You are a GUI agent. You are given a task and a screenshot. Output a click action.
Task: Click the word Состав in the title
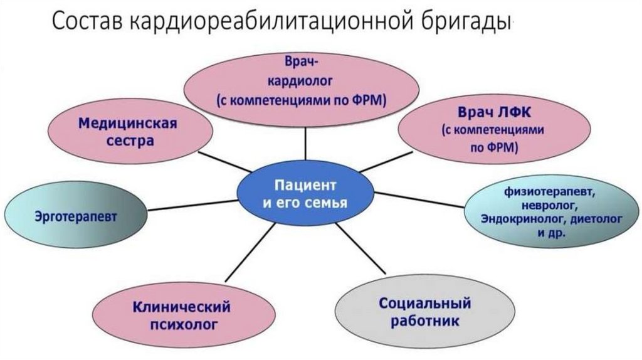coord(87,23)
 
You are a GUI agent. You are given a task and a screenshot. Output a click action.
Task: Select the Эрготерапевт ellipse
coord(76,216)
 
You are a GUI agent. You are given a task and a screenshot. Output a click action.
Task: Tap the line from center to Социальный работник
coord(360,248)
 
